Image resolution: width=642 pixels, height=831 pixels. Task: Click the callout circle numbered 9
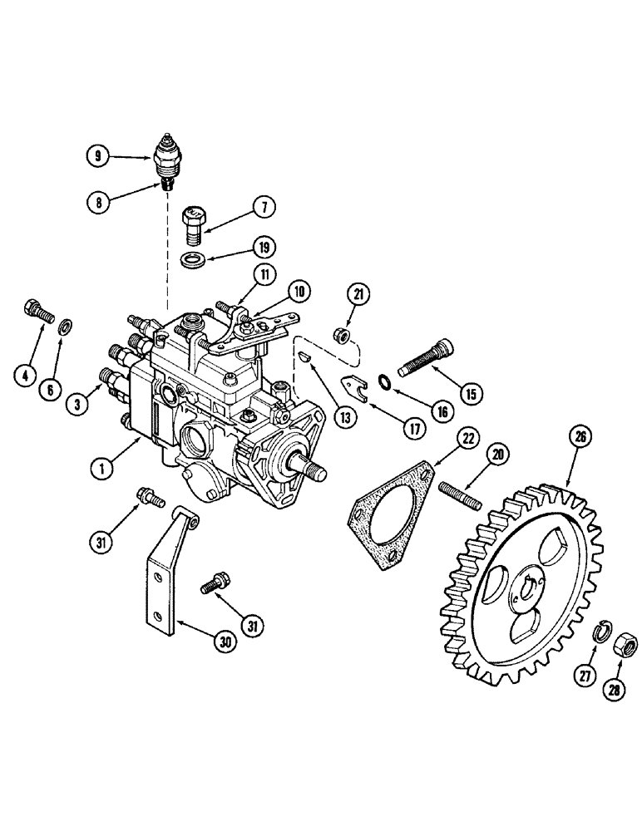98,154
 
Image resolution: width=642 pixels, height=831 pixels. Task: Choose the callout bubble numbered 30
225,640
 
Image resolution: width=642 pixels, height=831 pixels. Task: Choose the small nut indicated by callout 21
338,335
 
